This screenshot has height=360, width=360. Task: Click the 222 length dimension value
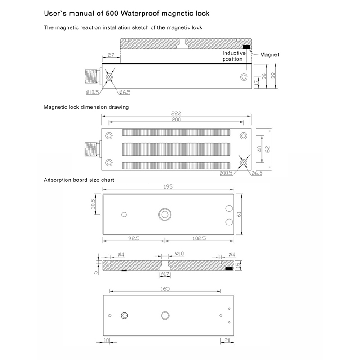(x=176, y=113)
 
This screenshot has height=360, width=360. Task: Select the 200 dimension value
(x=176, y=120)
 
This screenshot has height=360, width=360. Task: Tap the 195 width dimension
(x=168, y=187)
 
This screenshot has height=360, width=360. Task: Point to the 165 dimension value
(x=165, y=288)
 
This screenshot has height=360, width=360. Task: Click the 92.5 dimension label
(x=134, y=238)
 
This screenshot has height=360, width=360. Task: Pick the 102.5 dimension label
(x=199, y=238)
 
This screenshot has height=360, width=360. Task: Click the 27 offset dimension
(x=111, y=55)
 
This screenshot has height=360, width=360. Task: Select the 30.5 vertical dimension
(x=93, y=204)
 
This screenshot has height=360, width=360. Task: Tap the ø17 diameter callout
(x=165, y=274)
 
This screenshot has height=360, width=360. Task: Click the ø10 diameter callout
(x=179, y=253)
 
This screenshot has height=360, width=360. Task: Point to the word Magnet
(x=270, y=54)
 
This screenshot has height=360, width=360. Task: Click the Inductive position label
(x=234, y=56)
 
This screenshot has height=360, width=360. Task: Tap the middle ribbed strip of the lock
(x=176, y=149)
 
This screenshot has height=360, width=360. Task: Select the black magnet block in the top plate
(x=246, y=47)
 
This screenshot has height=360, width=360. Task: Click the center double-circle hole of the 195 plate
(x=165, y=215)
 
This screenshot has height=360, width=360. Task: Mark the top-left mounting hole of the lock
(x=109, y=136)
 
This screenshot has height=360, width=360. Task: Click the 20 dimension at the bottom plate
(x=227, y=340)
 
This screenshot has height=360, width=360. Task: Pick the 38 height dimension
(x=273, y=76)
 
